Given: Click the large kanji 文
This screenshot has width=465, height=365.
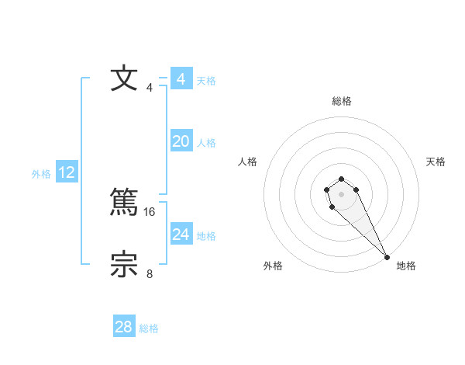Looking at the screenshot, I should tap(125, 79).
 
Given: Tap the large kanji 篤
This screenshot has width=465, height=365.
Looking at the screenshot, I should tap(125, 203).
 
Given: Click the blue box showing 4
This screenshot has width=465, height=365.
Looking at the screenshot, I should tap(181, 79).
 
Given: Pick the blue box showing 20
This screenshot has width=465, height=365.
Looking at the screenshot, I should tap(181, 141).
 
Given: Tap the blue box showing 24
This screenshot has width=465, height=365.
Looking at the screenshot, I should tap(181, 235).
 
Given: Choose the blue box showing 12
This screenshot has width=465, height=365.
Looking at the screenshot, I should tap(67, 172).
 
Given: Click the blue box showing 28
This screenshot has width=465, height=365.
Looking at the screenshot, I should tap(124, 327).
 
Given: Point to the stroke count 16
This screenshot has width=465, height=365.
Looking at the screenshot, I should tap(150, 211).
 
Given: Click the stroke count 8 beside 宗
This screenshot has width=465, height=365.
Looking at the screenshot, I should tap(150, 273).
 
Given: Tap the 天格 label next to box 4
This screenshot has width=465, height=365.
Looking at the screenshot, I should tap(206, 81).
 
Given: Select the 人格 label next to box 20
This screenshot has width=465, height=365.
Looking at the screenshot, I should tap(206, 143).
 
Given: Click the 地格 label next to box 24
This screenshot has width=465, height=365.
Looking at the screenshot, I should tap(206, 236).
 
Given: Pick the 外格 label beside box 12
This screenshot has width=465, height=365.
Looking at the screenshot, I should tap(41, 174).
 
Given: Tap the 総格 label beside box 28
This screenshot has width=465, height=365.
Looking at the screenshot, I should tap(149, 328).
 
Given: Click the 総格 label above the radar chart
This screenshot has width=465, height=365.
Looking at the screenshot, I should tap(342, 101).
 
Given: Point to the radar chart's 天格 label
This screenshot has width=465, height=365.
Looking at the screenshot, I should tap(436, 162).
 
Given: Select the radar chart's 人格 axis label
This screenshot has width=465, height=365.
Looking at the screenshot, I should tap(248, 162).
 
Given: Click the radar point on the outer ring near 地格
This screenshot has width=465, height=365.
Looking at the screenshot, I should tap(387, 257).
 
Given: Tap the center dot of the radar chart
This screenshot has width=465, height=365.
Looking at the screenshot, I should tap(341, 193).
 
